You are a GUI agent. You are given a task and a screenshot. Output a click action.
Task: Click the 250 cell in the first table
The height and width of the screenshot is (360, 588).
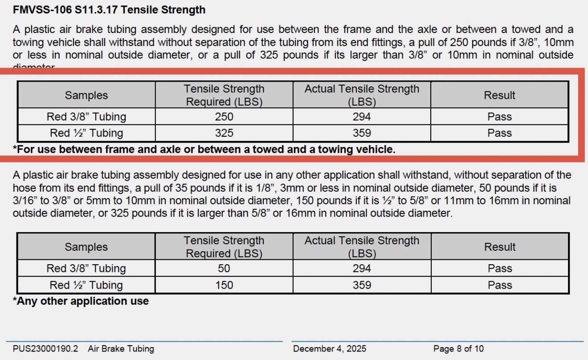224,117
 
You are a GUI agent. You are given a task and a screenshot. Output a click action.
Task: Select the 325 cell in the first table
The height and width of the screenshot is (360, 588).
224,133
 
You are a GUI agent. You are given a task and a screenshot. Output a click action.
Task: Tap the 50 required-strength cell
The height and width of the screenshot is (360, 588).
224,268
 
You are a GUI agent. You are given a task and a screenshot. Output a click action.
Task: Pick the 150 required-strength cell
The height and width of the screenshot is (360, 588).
224,285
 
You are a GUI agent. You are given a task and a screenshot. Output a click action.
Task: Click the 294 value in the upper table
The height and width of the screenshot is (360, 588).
362,117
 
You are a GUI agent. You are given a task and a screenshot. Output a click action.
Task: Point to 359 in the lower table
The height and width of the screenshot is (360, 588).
362,285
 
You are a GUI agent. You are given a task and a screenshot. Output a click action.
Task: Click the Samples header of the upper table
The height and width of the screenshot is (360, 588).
86,95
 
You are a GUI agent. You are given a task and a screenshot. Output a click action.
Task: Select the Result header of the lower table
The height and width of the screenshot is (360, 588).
500,247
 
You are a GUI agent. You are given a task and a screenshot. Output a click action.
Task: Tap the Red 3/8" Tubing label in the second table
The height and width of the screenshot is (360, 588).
86,268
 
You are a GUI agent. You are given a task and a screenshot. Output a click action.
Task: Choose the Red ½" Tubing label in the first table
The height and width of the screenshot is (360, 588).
86,133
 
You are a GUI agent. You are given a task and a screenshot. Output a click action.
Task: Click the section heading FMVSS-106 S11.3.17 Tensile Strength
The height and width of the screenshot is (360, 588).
109,9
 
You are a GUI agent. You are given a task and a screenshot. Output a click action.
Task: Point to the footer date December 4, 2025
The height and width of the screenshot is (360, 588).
330,348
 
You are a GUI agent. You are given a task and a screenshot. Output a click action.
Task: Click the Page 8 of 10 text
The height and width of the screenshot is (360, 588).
458,348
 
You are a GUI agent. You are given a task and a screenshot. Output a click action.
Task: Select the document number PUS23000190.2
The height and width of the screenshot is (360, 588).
45,348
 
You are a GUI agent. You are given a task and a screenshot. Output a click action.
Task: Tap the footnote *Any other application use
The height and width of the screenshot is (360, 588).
81,301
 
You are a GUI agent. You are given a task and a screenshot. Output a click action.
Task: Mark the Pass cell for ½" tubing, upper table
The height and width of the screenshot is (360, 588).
500,133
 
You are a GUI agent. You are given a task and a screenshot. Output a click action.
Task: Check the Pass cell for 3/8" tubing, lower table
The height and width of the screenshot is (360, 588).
500,268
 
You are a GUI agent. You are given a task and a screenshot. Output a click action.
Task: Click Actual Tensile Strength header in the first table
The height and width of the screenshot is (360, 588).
362,95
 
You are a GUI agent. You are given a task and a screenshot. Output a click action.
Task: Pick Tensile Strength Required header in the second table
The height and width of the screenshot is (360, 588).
224,247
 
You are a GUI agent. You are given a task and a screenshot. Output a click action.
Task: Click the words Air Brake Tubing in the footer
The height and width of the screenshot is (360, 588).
121,348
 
